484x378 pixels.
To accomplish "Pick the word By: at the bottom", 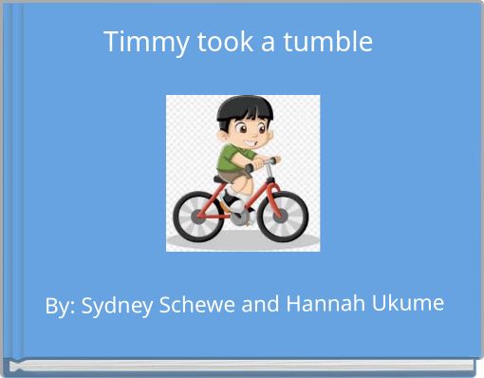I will click(x=61, y=309).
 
